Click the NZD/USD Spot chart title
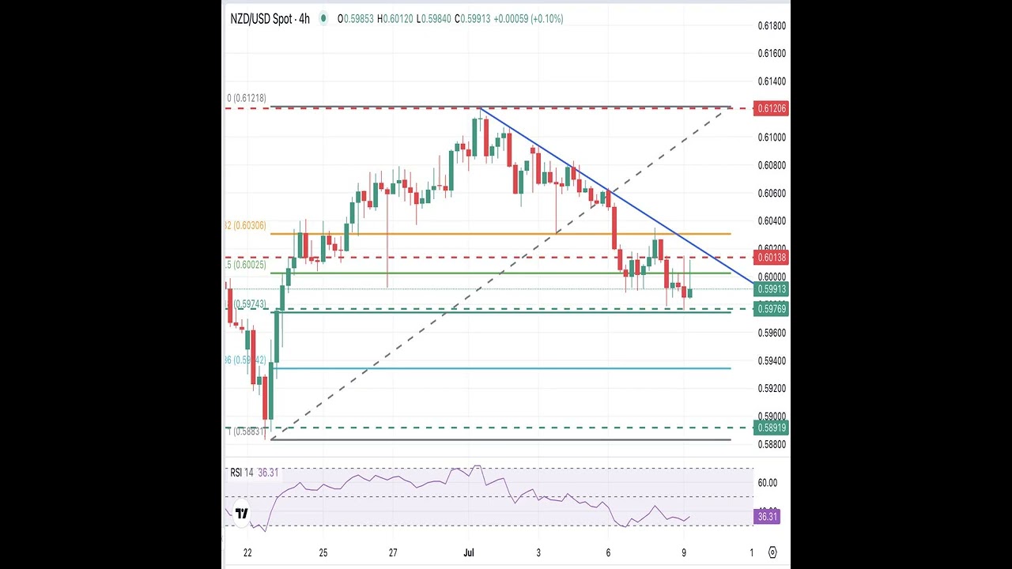[269, 18]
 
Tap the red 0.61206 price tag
[772, 108]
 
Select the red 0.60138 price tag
[772, 258]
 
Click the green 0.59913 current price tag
[772, 289]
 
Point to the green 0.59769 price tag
[772, 309]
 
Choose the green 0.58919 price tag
[772, 428]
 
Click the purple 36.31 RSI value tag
[767, 517]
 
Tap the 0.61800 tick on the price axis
[772, 26]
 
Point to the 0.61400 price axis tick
[772, 81]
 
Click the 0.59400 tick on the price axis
[772, 360]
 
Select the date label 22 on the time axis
[247, 552]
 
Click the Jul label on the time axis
[469, 552]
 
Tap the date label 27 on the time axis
[393, 552]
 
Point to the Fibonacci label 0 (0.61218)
[247, 98]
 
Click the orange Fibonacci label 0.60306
[247, 225]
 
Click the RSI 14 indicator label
[242, 473]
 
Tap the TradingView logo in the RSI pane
[242, 513]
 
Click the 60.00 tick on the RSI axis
[767, 483]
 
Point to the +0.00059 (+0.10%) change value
[528, 18]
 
